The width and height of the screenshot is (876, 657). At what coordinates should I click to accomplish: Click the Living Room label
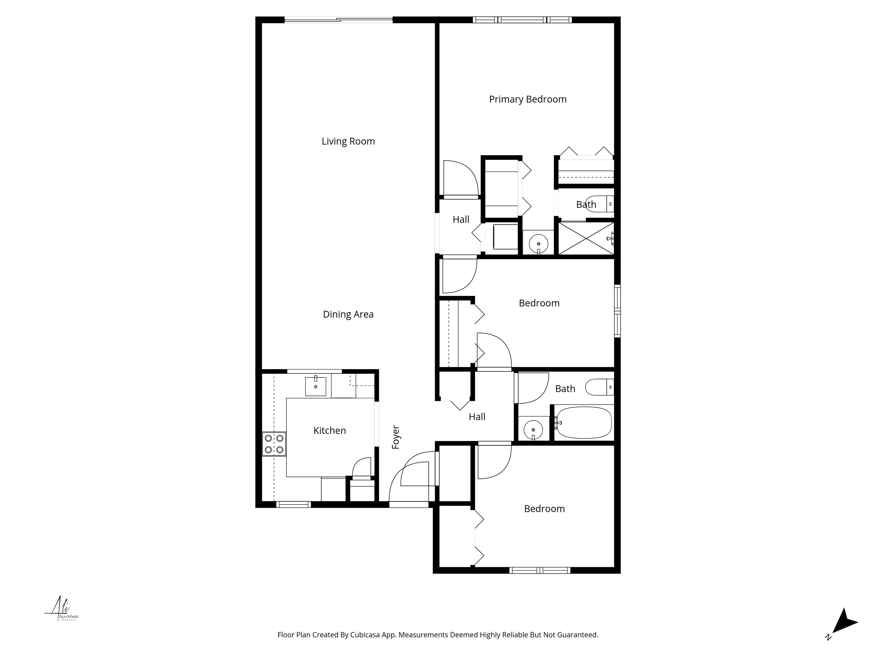pos(348,141)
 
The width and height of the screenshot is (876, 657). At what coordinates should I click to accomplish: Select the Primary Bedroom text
pos(528,100)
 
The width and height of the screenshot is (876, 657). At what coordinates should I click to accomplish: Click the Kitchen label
pos(329,431)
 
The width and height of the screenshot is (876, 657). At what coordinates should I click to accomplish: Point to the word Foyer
pos(396,438)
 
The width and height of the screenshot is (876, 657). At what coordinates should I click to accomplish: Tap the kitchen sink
pos(316,386)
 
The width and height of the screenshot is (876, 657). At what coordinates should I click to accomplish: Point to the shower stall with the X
pos(586,238)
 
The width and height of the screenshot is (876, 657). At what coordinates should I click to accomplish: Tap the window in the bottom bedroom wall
pos(540,570)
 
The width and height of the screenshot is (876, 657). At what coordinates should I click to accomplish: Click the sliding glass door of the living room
pos(338,20)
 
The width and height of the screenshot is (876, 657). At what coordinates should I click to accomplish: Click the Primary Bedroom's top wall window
pos(522,20)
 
